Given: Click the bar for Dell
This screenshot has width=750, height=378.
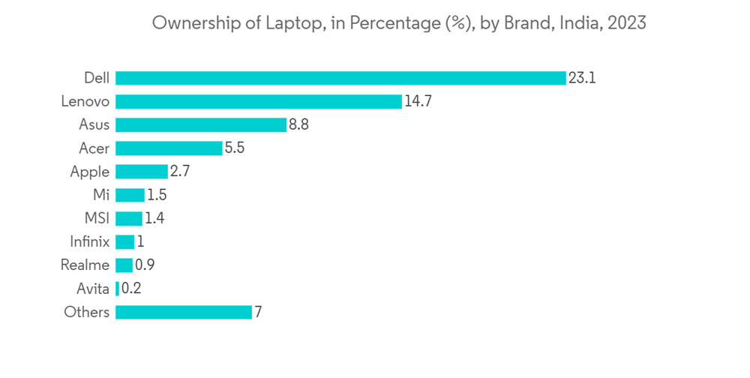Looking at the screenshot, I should pos(340,78).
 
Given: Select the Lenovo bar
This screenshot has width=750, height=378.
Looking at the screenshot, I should pos(259,101).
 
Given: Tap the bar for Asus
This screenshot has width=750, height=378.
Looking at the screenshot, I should pos(201,124).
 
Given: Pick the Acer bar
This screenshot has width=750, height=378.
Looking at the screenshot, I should pos(169,148).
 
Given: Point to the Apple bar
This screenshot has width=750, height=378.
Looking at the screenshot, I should pos(142,172).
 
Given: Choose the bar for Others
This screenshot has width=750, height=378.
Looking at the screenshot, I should pos(184,312).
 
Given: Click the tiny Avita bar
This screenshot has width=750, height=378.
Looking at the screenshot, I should pos(117,289).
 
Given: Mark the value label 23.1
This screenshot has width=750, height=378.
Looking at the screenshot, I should pos(582,78).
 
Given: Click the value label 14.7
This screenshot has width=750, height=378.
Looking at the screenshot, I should pos(418,101).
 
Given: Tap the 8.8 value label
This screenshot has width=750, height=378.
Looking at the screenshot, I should pos(298,124).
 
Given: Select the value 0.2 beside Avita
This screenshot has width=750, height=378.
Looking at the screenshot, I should pos(131,289).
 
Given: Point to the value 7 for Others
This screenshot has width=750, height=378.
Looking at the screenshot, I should pos(258,312).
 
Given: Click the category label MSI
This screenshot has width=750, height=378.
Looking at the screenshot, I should pos(97,218).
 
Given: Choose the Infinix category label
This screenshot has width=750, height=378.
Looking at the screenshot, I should pos(89,241).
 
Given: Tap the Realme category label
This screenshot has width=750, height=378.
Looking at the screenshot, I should pos(85,265).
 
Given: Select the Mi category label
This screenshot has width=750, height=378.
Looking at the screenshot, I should pos(101,195).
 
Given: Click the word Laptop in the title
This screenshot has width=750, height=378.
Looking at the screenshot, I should pos(289,23).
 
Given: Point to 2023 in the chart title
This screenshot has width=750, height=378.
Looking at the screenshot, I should pos(627,23).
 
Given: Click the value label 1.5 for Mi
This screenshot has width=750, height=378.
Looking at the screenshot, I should pos(157,195).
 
